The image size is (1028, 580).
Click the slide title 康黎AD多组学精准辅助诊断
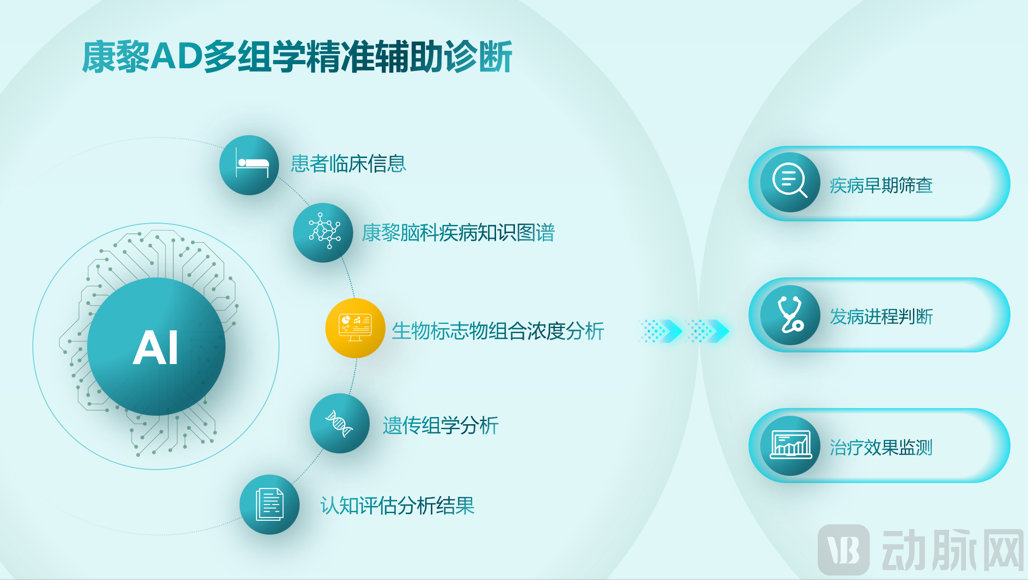[x=297, y=57]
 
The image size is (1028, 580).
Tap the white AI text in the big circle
[x=155, y=347]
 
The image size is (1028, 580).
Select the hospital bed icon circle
[x=249, y=165]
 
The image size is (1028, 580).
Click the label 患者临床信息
[x=349, y=163]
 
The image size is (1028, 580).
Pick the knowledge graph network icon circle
[x=323, y=233]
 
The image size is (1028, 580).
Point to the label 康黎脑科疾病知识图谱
[x=458, y=233]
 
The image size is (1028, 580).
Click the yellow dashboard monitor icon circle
[x=355, y=328]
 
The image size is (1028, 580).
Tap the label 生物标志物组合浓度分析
[x=498, y=331]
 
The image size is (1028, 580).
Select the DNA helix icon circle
[x=340, y=423]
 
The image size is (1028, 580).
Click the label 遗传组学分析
[x=440, y=426]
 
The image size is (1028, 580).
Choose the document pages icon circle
[x=270, y=505]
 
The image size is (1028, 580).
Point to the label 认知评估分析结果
[x=398, y=505]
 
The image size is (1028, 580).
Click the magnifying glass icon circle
[x=790, y=182]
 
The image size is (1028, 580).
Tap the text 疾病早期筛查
[x=881, y=185]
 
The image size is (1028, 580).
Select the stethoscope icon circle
[x=790, y=315]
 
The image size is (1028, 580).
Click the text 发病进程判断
[x=881, y=316]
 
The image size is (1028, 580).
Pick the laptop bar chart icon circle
[x=790, y=446]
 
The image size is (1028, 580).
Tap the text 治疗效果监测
[x=881, y=448]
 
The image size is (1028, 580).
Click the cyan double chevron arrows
[x=683, y=331]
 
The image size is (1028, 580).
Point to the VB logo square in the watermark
[x=844, y=549]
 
